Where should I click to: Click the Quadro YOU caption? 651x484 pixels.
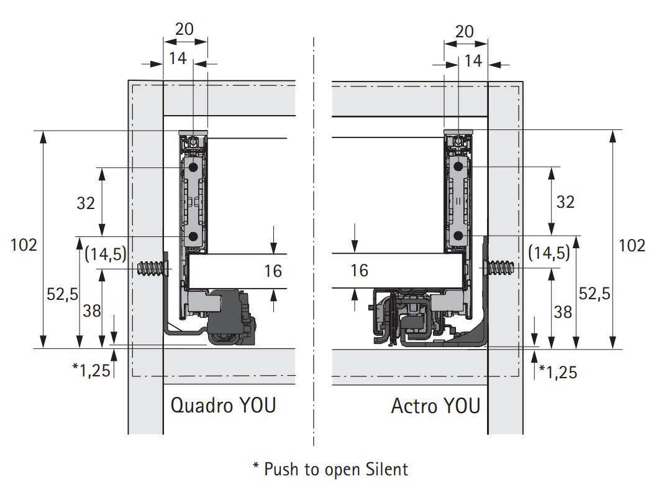[x=224, y=406]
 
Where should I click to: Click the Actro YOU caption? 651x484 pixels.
[x=435, y=406]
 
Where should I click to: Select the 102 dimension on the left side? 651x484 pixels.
[x=24, y=245]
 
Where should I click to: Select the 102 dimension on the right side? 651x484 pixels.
[x=632, y=245]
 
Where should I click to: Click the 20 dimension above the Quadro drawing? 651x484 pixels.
[x=184, y=29]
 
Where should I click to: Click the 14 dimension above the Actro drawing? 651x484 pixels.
[x=473, y=61]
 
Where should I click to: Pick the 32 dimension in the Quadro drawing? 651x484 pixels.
[x=86, y=203]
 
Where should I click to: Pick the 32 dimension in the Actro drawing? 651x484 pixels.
[x=565, y=202]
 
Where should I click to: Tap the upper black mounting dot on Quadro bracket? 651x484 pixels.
[x=193, y=167]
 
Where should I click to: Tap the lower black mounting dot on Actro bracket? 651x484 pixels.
[x=458, y=236]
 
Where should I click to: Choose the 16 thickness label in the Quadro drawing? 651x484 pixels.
[x=273, y=271]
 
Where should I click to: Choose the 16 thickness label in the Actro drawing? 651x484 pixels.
[x=359, y=270]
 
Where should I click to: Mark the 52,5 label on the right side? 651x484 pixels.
[x=594, y=294]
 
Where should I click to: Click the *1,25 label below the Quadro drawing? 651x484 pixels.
[x=91, y=370]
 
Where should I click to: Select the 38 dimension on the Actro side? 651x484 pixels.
[x=563, y=312]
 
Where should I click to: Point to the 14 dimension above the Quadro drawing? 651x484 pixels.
[x=178, y=58]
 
